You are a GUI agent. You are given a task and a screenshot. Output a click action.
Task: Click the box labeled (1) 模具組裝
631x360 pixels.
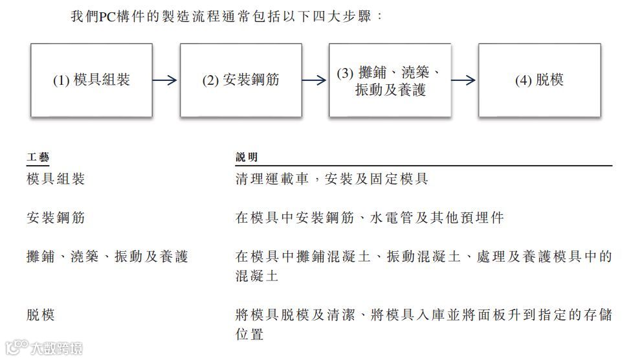91,80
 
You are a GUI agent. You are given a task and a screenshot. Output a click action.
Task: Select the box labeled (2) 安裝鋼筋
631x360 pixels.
241,80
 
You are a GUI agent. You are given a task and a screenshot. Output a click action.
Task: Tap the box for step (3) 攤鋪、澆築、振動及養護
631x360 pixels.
390,80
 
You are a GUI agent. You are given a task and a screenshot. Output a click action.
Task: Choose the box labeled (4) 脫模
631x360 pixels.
539,80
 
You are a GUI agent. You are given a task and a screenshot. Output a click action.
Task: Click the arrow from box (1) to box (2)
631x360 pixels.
165,80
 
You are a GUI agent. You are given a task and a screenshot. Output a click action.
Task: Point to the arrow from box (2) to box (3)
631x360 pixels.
315,80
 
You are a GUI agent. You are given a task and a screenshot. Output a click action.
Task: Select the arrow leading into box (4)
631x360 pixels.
464,80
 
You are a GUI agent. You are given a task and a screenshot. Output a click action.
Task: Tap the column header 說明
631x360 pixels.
247,157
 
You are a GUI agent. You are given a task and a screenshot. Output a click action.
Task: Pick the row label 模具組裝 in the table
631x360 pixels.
56,179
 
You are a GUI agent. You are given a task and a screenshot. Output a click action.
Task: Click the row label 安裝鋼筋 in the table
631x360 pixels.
56,218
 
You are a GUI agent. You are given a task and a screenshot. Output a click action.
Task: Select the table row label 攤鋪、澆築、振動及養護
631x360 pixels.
107,257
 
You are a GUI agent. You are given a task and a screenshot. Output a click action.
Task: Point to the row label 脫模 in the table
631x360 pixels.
41,315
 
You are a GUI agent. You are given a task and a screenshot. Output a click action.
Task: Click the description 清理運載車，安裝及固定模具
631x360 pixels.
331,179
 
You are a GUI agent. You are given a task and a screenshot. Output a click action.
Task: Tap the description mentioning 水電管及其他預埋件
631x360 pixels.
370,218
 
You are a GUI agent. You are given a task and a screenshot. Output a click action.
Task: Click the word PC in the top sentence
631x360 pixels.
107,16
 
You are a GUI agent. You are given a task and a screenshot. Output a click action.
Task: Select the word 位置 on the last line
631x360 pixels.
249,335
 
